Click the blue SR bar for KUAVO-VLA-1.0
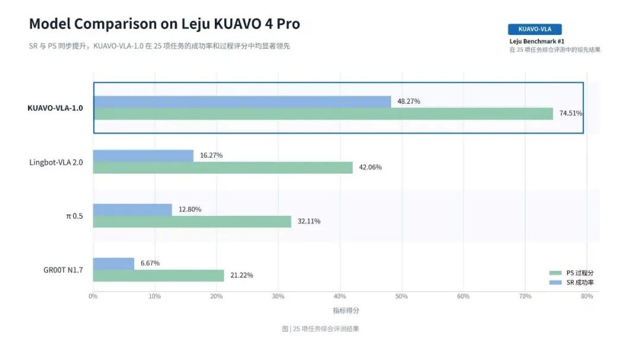[242, 102]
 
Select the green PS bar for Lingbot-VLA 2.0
[223, 167]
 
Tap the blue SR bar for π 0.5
[132, 209]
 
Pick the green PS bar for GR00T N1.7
[158, 275]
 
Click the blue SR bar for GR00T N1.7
[113, 263]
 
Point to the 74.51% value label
[571, 113]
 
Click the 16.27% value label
[211, 155]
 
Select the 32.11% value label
[309, 221]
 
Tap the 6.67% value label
[150, 263]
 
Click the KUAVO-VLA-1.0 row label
[55, 108]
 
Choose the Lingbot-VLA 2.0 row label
[56, 163]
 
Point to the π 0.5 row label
[74, 216]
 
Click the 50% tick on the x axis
[401, 297]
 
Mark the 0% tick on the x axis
[93, 297]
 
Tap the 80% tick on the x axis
[587, 297]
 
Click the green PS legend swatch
[556, 273]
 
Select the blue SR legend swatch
[556, 282]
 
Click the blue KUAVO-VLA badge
[535, 29]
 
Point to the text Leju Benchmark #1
[537, 42]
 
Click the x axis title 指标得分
[346, 311]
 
